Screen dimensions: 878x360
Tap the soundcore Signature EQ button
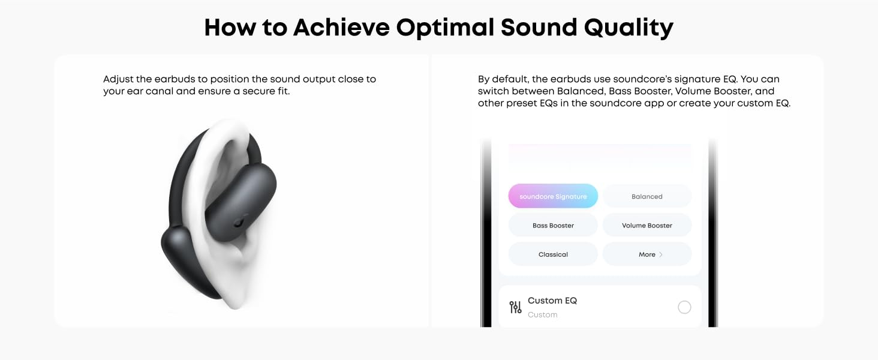(x=553, y=196)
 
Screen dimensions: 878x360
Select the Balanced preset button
(x=647, y=196)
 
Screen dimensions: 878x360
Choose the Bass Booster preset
(x=553, y=225)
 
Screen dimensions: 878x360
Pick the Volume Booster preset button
(x=647, y=225)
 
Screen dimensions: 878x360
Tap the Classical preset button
(x=553, y=254)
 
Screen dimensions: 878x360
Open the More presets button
(x=647, y=254)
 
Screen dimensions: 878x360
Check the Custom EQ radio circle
(x=684, y=307)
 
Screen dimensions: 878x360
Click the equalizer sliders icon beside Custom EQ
(x=515, y=307)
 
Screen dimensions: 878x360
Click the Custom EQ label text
(x=552, y=301)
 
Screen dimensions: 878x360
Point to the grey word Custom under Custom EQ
(x=543, y=314)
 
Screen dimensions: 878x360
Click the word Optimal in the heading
(x=445, y=28)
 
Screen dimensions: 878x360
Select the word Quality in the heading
(x=629, y=28)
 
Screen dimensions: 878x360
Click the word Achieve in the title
(x=341, y=28)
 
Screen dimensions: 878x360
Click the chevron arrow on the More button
(x=661, y=254)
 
